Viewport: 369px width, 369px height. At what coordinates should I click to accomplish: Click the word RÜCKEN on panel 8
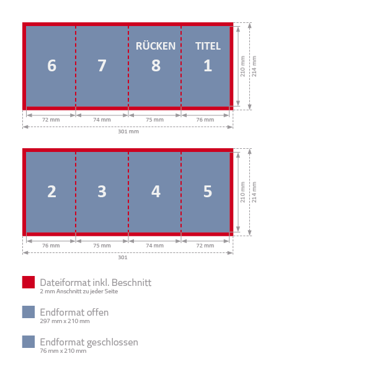[x=156, y=45]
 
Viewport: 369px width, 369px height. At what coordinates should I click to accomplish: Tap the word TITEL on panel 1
[x=208, y=46]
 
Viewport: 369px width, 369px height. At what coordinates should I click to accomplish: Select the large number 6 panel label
[x=51, y=65]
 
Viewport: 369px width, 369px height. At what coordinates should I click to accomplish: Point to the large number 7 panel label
[x=102, y=65]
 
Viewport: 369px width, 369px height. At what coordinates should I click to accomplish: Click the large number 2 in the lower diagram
[x=51, y=192]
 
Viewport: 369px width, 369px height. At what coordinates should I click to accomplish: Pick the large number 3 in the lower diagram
[x=102, y=192]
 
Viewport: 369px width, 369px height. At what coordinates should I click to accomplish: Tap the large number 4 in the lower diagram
[x=156, y=192]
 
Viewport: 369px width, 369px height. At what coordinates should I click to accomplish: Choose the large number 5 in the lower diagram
[x=208, y=192]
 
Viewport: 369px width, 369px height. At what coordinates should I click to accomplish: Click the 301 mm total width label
[x=128, y=131]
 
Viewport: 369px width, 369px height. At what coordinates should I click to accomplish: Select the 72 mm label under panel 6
[x=51, y=120]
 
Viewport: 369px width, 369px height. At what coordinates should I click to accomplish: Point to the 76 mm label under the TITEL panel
[x=205, y=120]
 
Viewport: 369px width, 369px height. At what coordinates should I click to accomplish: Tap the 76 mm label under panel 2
[x=51, y=246]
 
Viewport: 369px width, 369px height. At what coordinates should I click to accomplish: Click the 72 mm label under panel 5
[x=205, y=246]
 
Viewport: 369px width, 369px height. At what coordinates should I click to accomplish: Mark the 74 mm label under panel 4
[x=154, y=246]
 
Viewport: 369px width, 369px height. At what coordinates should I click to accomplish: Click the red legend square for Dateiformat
[x=29, y=282]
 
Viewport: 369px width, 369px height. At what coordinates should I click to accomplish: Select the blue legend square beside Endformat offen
[x=29, y=312]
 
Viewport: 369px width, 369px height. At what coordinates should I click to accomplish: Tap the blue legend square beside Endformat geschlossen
[x=29, y=342]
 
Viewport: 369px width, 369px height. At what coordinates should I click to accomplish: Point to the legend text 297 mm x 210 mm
[x=64, y=321]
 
